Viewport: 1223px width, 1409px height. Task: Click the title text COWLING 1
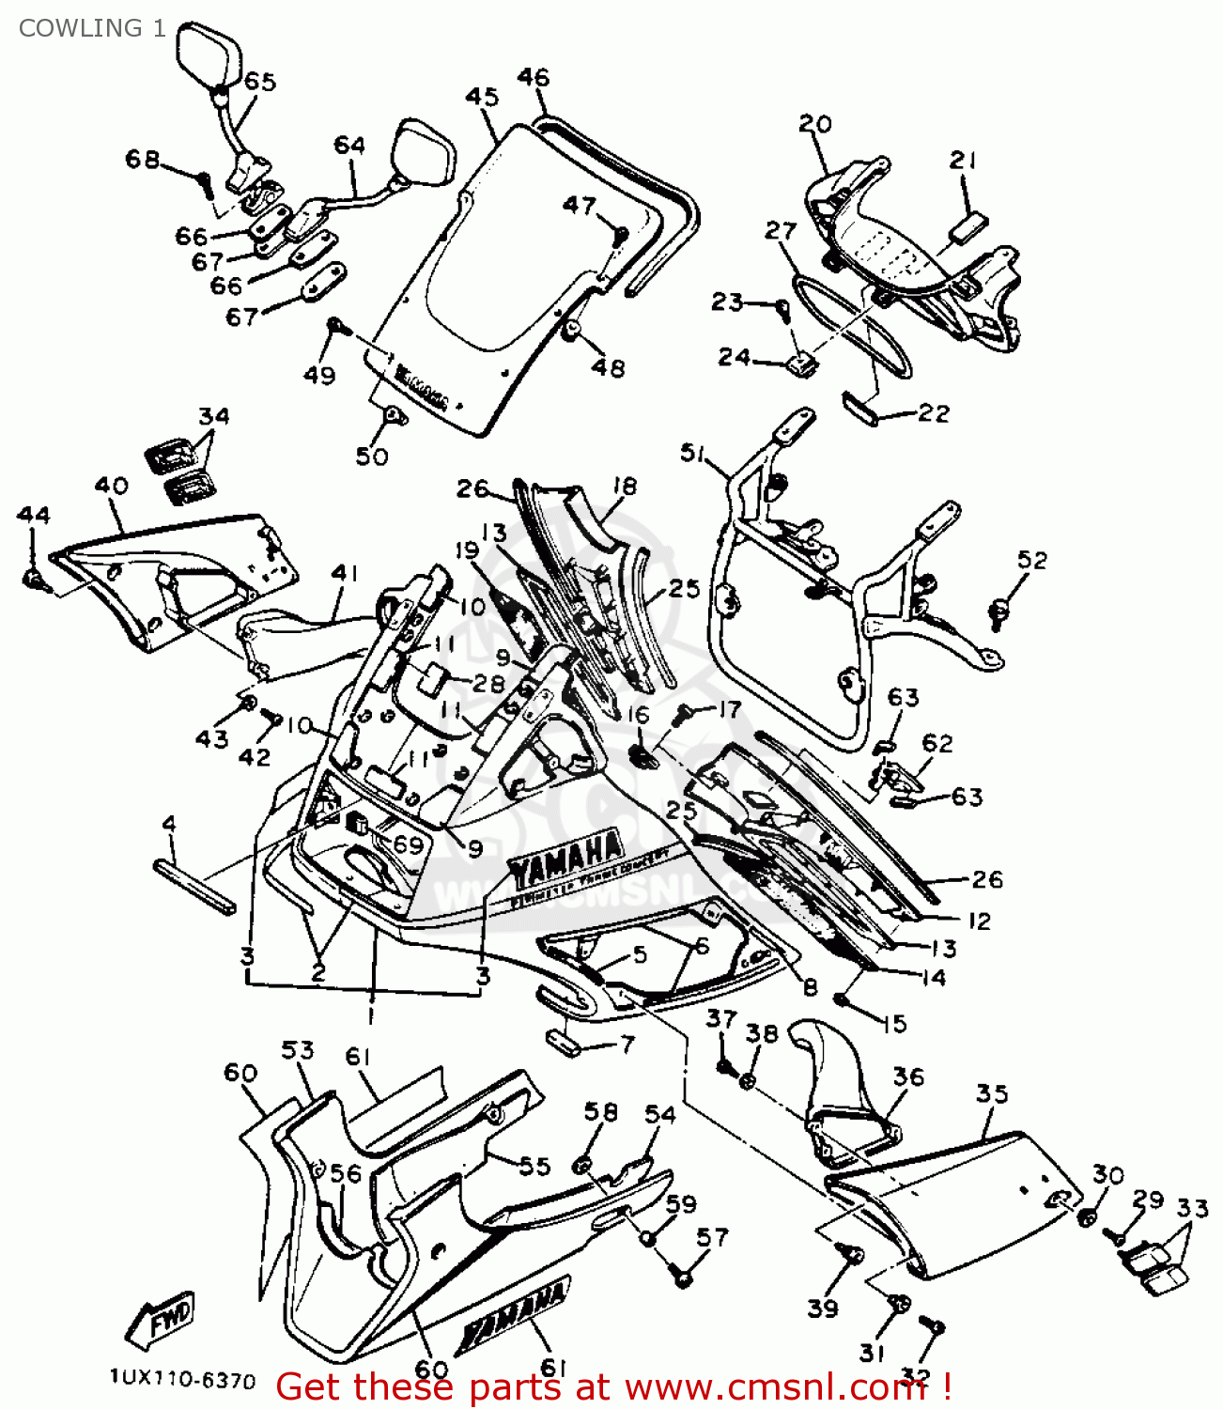point(92,28)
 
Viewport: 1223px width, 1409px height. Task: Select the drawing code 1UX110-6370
point(181,1379)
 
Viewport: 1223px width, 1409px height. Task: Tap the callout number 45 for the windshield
point(482,97)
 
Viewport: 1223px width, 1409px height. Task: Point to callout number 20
point(815,124)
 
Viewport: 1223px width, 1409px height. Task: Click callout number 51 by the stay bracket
point(693,454)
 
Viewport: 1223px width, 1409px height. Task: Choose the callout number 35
point(992,1093)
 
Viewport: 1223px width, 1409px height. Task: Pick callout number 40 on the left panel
point(112,486)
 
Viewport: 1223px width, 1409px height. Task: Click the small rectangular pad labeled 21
point(968,226)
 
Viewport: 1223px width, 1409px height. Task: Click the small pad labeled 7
point(566,1042)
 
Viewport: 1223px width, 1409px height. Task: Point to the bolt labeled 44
point(33,579)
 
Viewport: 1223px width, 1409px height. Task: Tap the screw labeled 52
point(999,611)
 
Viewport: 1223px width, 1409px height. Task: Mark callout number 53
point(298,1050)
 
